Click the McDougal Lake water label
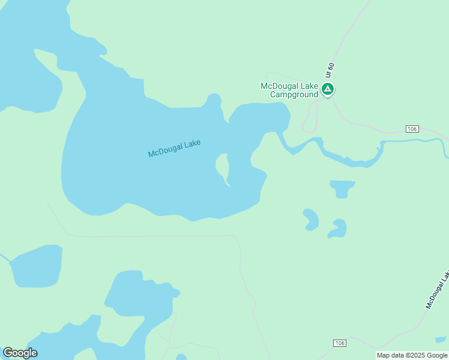tap(174, 148)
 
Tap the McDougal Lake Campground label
tap(289, 90)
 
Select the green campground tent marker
tap(327, 90)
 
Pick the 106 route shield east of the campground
tap(411, 129)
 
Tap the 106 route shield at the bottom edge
tap(340, 343)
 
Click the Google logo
tap(20, 352)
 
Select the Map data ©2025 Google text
tap(412, 355)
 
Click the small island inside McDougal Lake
tap(222, 167)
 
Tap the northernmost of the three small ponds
tap(342, 188)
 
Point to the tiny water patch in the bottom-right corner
tap(441, 340)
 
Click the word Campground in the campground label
tap(294, 94)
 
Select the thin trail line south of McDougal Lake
tap(150, 236)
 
